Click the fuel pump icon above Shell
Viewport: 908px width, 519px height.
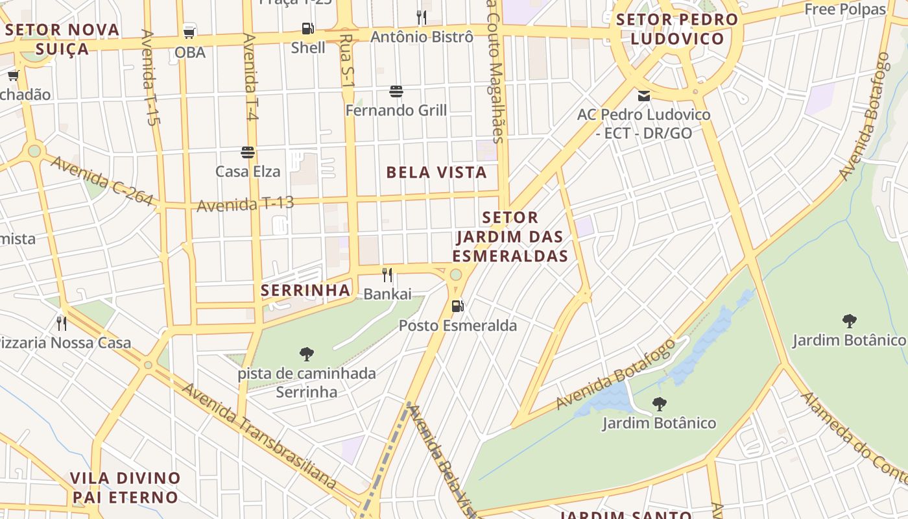coord(308,29)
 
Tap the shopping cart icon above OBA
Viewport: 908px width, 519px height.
coord(189,32)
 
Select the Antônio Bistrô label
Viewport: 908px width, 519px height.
coord(422,37)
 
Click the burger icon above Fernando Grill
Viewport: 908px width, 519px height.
coord(396,92)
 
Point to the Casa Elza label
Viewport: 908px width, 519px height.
coord(248,171)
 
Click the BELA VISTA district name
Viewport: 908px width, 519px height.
coord(436,173)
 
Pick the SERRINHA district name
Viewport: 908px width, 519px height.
coord(305,290)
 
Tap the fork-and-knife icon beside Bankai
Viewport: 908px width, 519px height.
coord(387,275)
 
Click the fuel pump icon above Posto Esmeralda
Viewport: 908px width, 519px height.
coord(458,306)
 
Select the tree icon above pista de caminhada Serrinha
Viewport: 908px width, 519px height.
coord(307,354)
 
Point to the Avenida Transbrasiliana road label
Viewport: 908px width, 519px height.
coord(259,435)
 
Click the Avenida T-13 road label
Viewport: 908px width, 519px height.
coord(245,204)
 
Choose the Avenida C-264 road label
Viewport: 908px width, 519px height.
coord(102,181)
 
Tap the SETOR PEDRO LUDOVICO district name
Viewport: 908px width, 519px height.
coord(677,29)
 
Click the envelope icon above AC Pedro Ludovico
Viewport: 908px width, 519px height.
coord(644,96)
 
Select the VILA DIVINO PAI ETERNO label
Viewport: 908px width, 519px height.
coord(125,488)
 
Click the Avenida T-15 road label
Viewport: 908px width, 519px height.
coord(150,77)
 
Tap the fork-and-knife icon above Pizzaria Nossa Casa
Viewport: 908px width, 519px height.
coord(62,322)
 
